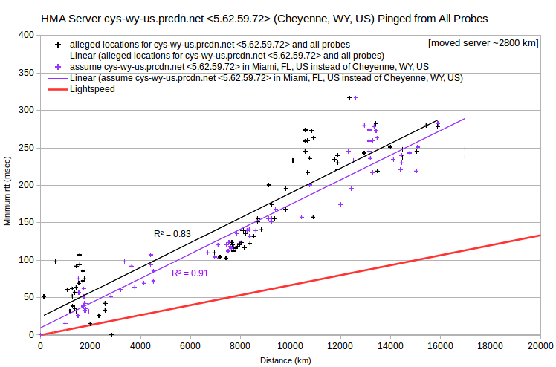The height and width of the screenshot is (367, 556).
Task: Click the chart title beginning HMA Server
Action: click(x=264, y=19)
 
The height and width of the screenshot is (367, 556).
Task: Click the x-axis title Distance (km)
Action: click(x=285, y=360)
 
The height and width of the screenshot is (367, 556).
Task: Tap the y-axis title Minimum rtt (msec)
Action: click(x=7, y=191)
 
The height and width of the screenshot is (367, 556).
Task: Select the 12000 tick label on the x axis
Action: click(x=340, y=346)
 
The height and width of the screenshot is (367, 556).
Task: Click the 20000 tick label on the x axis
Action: click(x=540, y=346)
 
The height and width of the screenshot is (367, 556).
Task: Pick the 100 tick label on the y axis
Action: click(x=26, y=260)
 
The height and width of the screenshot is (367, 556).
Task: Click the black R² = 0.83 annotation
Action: click(x=172, y=234)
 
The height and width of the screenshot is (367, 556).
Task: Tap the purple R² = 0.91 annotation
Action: click(x=190, y=273)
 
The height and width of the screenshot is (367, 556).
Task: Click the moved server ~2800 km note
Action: click(x=483, y=43)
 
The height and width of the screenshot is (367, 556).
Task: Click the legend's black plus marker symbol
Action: click(x=58, y=45)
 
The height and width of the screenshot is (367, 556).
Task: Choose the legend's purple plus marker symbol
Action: click(x=58, y=67)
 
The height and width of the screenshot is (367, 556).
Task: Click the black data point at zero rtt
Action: click(x=111, y=335)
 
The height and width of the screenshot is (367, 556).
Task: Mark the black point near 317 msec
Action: click(x=349, y=98)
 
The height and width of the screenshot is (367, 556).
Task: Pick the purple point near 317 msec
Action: click(x=356, y=98)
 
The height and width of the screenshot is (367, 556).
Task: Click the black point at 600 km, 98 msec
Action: click(x=55, y=262)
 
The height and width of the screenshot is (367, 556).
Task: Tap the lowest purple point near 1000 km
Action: click(x=65, y=324)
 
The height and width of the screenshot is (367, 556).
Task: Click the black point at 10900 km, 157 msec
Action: click(x=313, y=217)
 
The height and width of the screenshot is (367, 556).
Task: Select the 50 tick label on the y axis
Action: click(x=28, y=298)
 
